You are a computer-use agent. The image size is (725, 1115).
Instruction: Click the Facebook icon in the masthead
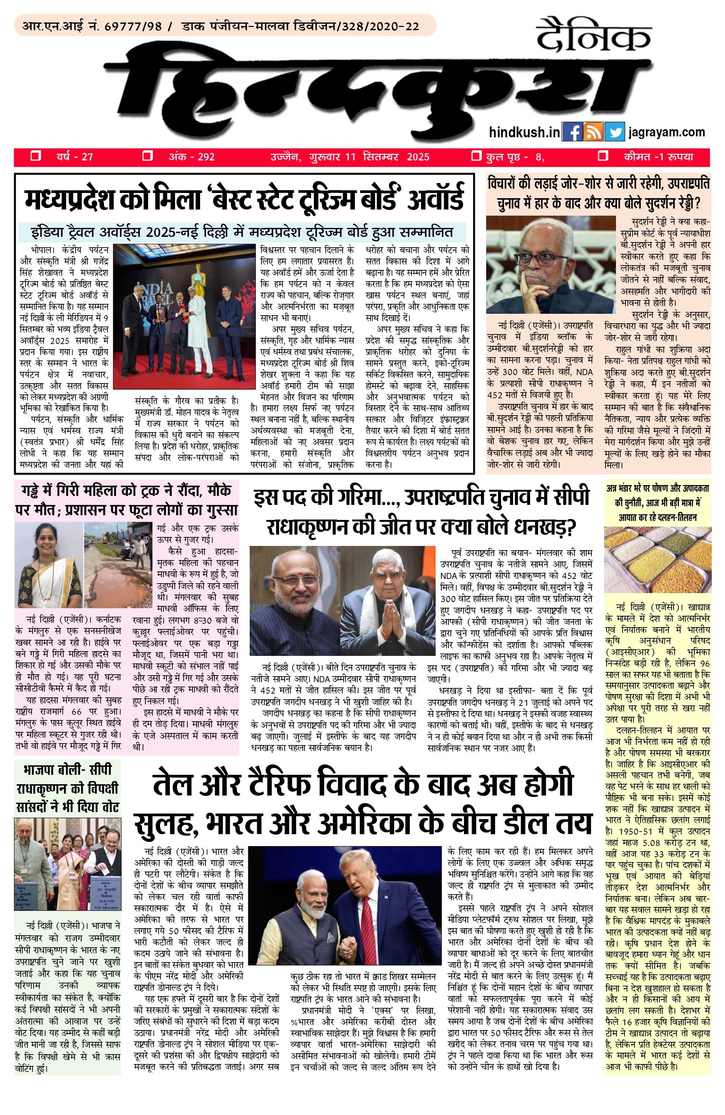click(572, 132)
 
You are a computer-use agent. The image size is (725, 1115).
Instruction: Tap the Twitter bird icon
click(614, 132)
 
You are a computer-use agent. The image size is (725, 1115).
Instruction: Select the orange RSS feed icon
click(593, 132)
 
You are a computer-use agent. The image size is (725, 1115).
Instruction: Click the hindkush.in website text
click(524, 133)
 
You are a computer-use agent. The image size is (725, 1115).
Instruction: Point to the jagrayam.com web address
click(666, 133)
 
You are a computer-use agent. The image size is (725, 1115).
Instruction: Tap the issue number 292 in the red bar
click(206, 157)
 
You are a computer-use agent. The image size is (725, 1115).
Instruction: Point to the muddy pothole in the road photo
click(118, 583)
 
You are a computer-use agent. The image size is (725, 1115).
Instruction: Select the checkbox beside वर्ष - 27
click(35, 156)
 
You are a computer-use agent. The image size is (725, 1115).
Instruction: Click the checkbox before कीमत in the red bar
click(603, 156)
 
